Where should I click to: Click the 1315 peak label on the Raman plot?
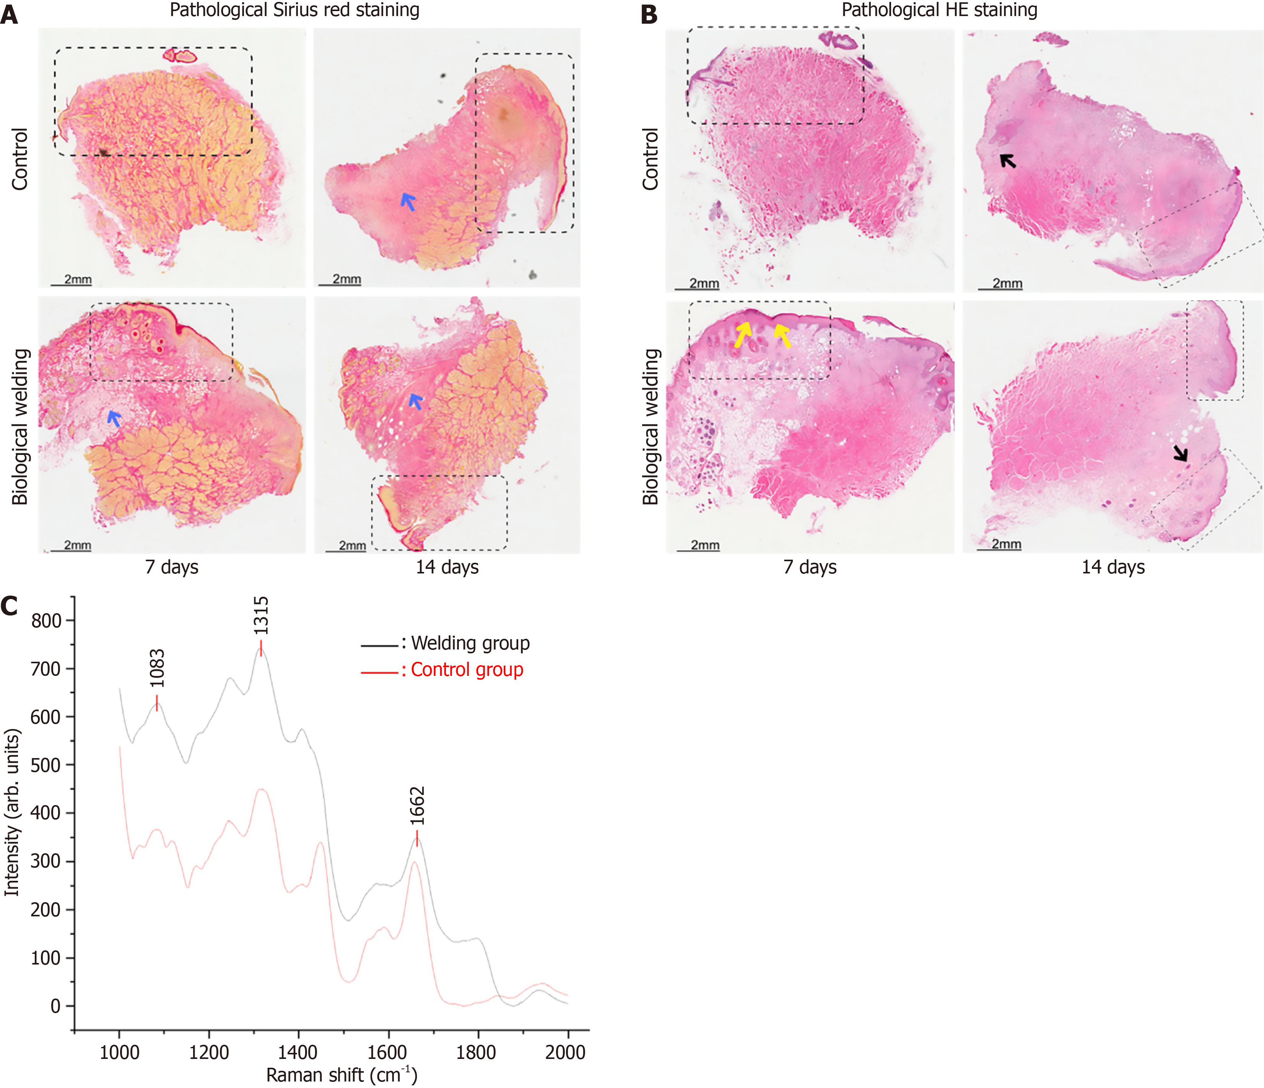pos(260,616)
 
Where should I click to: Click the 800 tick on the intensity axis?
pos(46,621)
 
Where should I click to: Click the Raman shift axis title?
pos(342,1075)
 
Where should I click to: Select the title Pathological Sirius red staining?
pos(294,10)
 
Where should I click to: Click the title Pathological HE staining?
pos(939,10)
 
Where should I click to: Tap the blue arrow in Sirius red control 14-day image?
pos(408,201)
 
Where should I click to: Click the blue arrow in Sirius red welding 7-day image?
pos(114,418)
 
